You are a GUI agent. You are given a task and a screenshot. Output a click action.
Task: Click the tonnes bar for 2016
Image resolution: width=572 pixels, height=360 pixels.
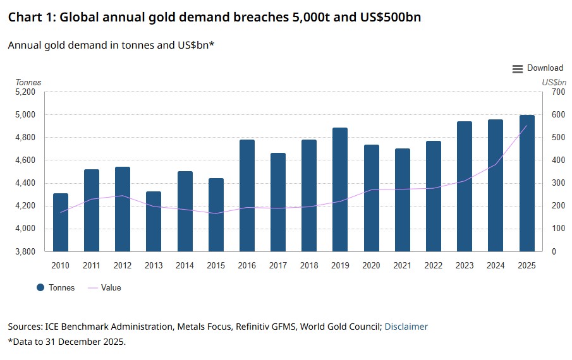pos(247,195)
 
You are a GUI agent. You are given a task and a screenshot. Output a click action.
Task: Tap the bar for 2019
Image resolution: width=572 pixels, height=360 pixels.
pos(340,189)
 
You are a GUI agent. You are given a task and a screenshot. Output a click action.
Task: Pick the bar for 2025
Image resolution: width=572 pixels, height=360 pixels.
pos(526,183)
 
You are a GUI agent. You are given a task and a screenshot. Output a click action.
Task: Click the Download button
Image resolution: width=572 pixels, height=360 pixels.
pos(537,68)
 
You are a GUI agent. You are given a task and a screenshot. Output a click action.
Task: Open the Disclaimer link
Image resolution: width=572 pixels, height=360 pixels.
pos(406,327)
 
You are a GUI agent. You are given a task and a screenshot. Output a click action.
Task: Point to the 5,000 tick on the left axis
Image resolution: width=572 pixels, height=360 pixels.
pos(25,115)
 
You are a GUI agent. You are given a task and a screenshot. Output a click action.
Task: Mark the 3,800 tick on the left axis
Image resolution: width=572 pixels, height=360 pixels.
pos(25,251)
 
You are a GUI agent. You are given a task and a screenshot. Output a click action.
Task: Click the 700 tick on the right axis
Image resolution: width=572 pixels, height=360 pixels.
pos(558,92)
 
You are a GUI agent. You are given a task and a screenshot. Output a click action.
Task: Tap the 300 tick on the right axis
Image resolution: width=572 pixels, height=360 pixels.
pos(558,183)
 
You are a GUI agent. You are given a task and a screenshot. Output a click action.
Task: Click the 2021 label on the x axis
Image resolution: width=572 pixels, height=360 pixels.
pos(402,266)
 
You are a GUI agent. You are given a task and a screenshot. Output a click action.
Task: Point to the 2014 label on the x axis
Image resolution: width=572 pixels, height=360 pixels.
pos(185,266)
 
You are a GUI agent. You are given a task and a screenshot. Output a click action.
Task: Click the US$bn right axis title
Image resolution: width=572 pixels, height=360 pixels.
pos(554,82)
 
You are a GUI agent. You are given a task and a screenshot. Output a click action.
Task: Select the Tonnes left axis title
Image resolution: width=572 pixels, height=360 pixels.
pos(28,82)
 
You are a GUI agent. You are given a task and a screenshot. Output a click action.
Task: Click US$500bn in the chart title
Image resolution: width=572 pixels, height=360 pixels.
pos(386,18)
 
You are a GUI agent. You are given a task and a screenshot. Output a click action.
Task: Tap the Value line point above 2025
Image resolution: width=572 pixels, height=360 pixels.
pos(526,126)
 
